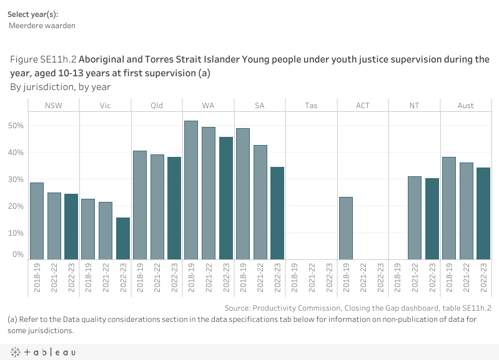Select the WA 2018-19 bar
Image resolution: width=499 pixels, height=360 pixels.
click(x=191, y=190)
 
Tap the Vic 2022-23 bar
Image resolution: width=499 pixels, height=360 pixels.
click(x=122, y=238)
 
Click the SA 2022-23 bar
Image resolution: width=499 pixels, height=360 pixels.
click(x=277, y=213)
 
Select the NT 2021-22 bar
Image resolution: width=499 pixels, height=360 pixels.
click(x=414, y=217)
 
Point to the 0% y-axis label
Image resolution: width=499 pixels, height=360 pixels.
click(x=19, y=255)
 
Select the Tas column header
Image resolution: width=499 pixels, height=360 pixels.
click(x=311, y=106)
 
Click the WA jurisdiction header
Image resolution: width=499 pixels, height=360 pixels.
click(x=208, y=106)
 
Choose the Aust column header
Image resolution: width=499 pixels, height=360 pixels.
click(x=465, y=106)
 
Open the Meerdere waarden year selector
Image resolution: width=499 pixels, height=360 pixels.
click(x=42, y=26)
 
